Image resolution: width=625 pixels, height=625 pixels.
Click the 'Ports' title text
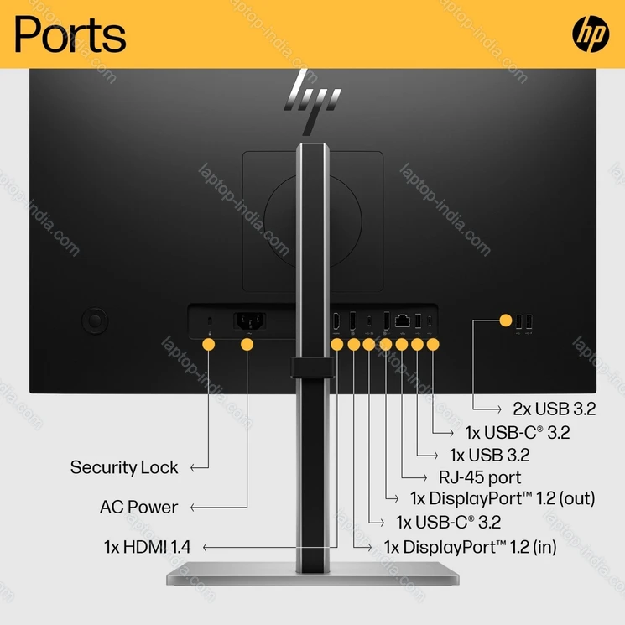(x=70, y=34)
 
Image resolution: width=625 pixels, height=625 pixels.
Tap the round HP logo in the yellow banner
(x=591, y=34)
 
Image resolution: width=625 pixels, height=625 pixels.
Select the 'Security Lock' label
(x=124, y=467)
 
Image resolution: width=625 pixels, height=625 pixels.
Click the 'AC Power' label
(x=138, y=507)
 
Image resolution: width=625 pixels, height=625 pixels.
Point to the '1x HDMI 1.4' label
(x=148, y=547)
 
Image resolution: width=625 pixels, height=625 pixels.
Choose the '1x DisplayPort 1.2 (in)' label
(x=470, y=547)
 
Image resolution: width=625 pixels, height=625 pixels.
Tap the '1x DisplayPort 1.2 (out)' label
(x=502, y=497)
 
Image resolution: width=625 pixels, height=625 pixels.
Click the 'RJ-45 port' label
(x=480, y=477)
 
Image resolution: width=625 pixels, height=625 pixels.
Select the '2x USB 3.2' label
(x=554, y=409)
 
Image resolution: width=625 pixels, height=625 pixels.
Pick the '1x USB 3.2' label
(x=489, y=456)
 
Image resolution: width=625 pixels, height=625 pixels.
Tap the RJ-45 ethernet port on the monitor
(x=403, y=320)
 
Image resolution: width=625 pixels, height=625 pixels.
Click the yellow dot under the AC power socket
(x=247, y=344)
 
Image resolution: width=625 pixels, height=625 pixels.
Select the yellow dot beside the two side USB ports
(x=505, y=320)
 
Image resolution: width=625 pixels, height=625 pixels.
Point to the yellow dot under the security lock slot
(x=208, y=344)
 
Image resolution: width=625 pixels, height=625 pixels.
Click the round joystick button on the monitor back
(x=95, y=320)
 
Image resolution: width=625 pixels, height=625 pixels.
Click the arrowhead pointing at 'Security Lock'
(x=193, y=467)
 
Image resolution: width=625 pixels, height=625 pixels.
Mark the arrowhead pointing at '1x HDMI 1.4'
(x=206, y=547)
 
